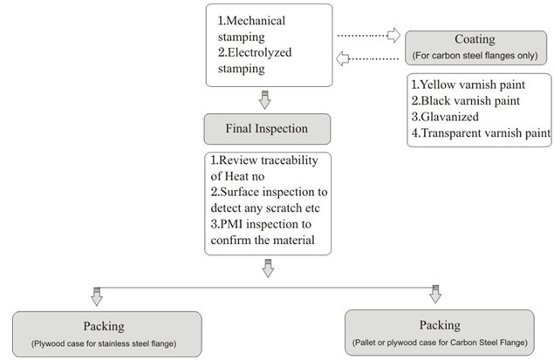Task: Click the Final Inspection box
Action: click(268, 128)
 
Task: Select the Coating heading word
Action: click(475, 40)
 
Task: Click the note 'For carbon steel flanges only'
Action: click(475, 56)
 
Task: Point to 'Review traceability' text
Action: click(261, 160)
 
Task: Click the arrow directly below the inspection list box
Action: click(268, 269)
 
